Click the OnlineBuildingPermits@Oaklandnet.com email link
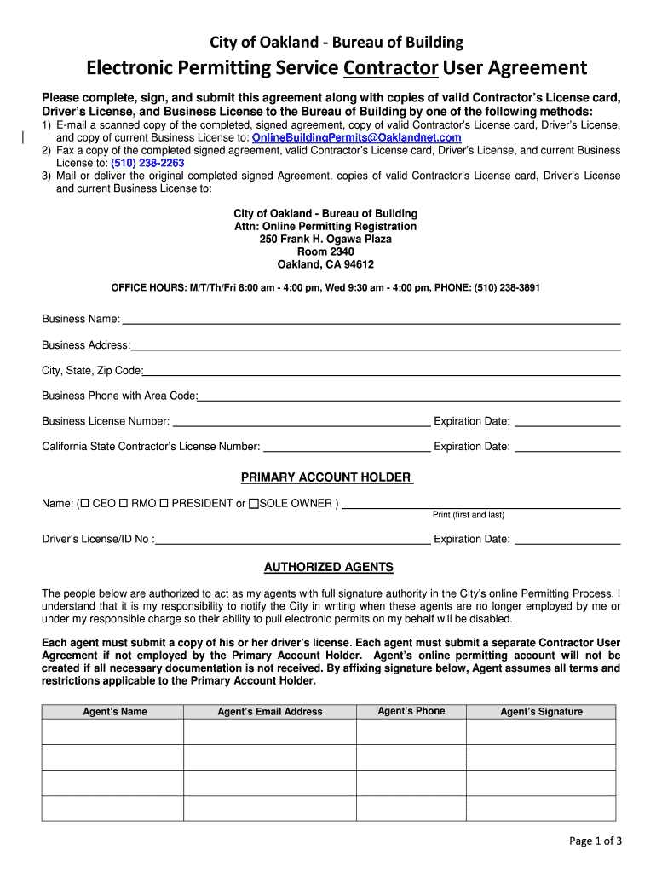[357, 137]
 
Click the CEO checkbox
[85, 504]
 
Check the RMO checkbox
[124, 504]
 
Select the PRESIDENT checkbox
[164, 504]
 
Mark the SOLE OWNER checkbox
[253, 504]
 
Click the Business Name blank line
[371, 321]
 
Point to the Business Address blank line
[375, 347]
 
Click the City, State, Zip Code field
[382, 373]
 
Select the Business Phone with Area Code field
[409, 397]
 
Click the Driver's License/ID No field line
[293, 541]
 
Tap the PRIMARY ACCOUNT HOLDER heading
[327, 477]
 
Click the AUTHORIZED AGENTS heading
[328, 567]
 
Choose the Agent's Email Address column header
[270, 712]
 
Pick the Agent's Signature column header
[541, 712]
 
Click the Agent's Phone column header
[411, 711]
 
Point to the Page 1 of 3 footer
[596, 841]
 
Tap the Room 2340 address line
[325, 252]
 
